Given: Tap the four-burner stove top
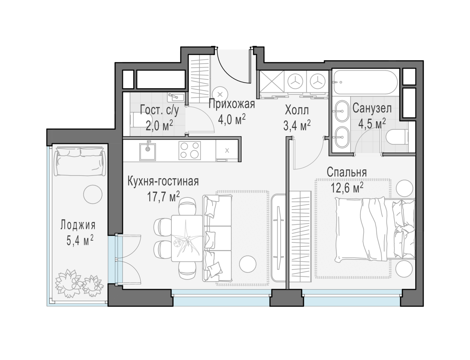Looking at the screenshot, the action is (189, 150).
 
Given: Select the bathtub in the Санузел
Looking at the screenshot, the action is (365, 82).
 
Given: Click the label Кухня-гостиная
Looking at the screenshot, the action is (163, 181).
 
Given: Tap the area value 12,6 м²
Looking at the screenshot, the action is (347, 188).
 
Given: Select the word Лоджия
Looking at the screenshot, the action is (78, 225).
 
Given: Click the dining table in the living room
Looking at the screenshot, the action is (187, 238).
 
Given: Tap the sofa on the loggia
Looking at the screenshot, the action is (80, 161).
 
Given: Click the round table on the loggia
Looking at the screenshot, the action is (93, 194).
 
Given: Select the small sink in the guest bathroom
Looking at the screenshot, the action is (176, 97).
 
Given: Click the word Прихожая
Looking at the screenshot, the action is (232, 104).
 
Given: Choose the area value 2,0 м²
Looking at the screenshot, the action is (159, 126).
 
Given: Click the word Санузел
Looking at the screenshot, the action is (372, 108).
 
